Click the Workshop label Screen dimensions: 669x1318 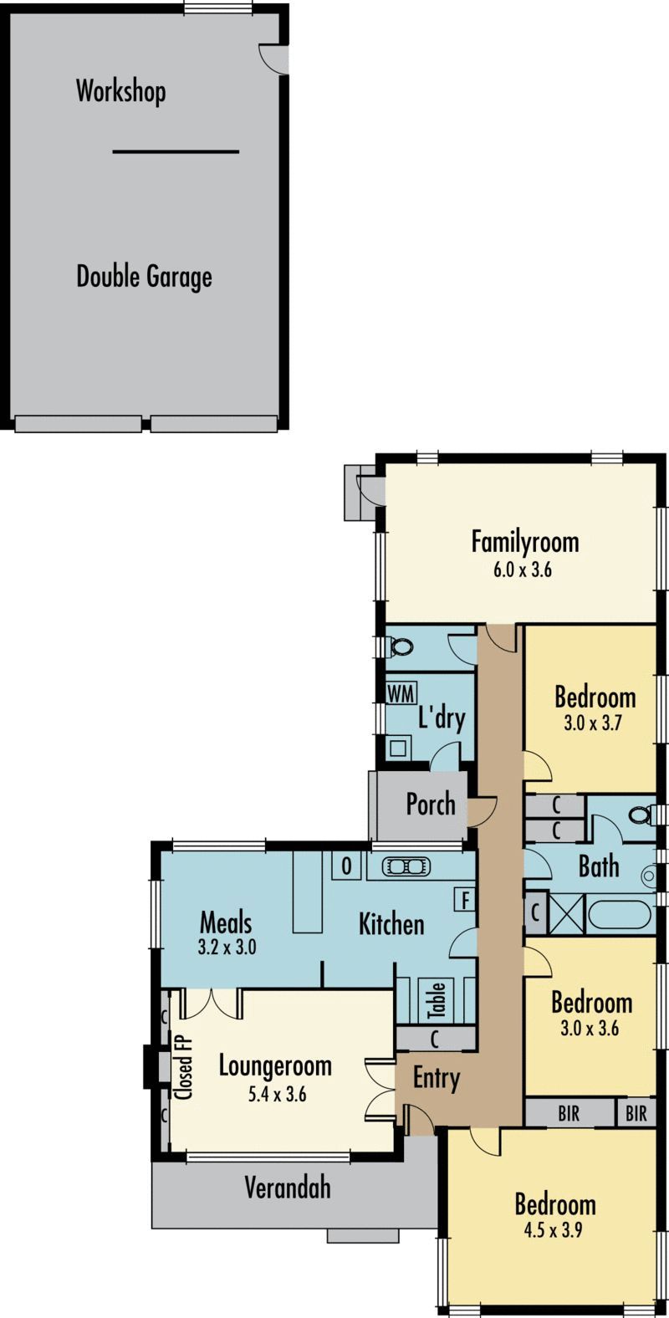point(120,92)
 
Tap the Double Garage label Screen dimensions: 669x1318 point(144,277)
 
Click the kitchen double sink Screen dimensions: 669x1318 point(406,866)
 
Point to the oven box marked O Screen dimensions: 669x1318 point(346,866)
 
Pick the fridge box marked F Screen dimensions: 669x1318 point(466,900)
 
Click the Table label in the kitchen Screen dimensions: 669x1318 point(436,1000)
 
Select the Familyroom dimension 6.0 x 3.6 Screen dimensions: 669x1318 point(523,570)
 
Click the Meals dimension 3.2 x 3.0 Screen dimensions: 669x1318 point(227,948)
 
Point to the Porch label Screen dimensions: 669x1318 point(431,805)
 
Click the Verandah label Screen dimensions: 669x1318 point(288,1188)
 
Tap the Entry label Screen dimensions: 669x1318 point(436,1079)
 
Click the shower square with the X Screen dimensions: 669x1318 point(567,914)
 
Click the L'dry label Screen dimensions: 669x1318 point(442,718)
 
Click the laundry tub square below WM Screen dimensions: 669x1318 point(398,748)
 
